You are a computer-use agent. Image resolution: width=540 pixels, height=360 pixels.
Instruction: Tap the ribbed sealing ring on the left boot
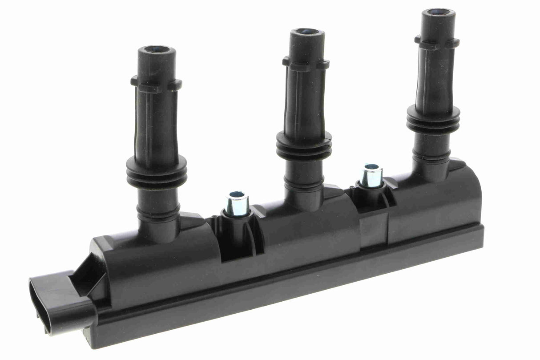[156, 171]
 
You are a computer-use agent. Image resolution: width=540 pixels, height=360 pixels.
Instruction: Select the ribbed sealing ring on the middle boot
[304, 146]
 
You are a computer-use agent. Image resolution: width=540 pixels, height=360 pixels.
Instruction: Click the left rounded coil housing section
[160, 263]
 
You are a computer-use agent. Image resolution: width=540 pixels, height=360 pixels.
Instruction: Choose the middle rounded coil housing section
[307, 231]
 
